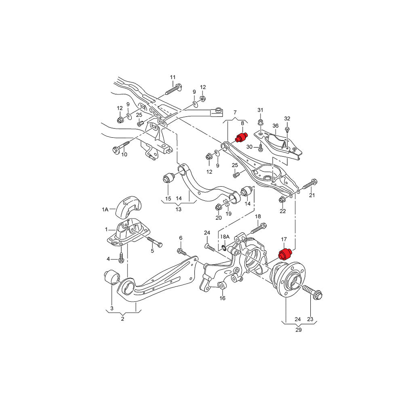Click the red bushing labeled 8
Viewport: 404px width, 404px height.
(241, 137)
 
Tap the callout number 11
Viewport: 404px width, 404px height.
(173, 77)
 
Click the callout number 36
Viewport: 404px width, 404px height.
(276, 126)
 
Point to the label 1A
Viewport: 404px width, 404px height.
(105, 210)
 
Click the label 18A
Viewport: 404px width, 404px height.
(224, 236)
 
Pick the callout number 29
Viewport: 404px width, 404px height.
(298, 330)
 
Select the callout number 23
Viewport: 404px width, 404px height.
(310, 319)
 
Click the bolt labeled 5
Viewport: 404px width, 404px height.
(153, 243)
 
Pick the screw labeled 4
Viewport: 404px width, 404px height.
(121, 257)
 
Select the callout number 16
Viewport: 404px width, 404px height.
(222, 299)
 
